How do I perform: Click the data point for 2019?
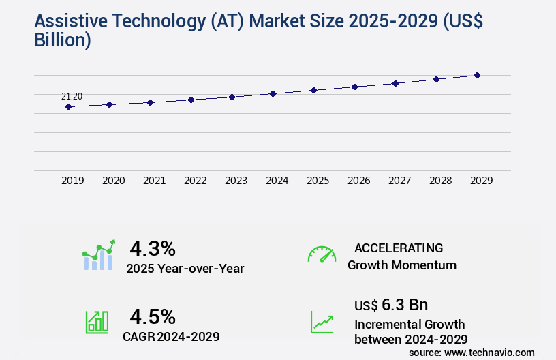pos(68,106)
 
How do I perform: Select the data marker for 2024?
pos(273,93)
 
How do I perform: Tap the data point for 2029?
pos(477,75)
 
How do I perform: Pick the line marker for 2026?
pos(354,87)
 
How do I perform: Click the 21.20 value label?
pos(72,96)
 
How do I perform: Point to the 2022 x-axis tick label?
pos(196,181)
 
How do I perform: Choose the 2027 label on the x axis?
pos(400,181)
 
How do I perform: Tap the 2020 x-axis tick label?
pos(114,181)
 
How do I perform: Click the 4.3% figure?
pos(153,247)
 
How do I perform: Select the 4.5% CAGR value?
pos(153,316)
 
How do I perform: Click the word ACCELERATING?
pos(399,247)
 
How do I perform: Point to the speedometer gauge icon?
pos(322,254)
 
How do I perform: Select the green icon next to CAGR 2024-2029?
pos(97,322)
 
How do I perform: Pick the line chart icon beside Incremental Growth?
pos(322,322)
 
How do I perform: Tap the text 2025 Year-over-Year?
pos(185,269)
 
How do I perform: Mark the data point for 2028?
pos(436,79)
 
